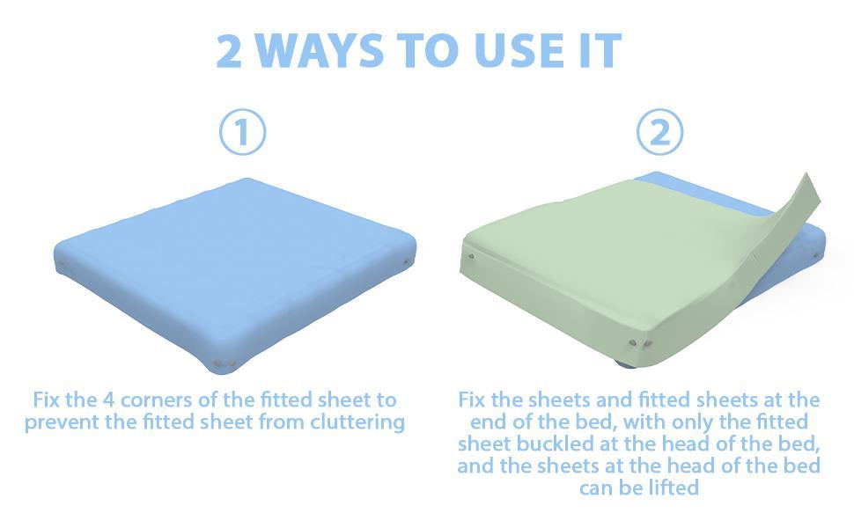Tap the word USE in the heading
point(519,51)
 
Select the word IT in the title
point(600,51)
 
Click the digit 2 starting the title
point(229,51)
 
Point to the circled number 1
point(242,132)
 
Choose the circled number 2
point(659,132)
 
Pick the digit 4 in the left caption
point(107,400)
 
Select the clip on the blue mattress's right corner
point(406,262)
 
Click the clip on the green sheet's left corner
point(471,256)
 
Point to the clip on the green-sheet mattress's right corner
point(816,255)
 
